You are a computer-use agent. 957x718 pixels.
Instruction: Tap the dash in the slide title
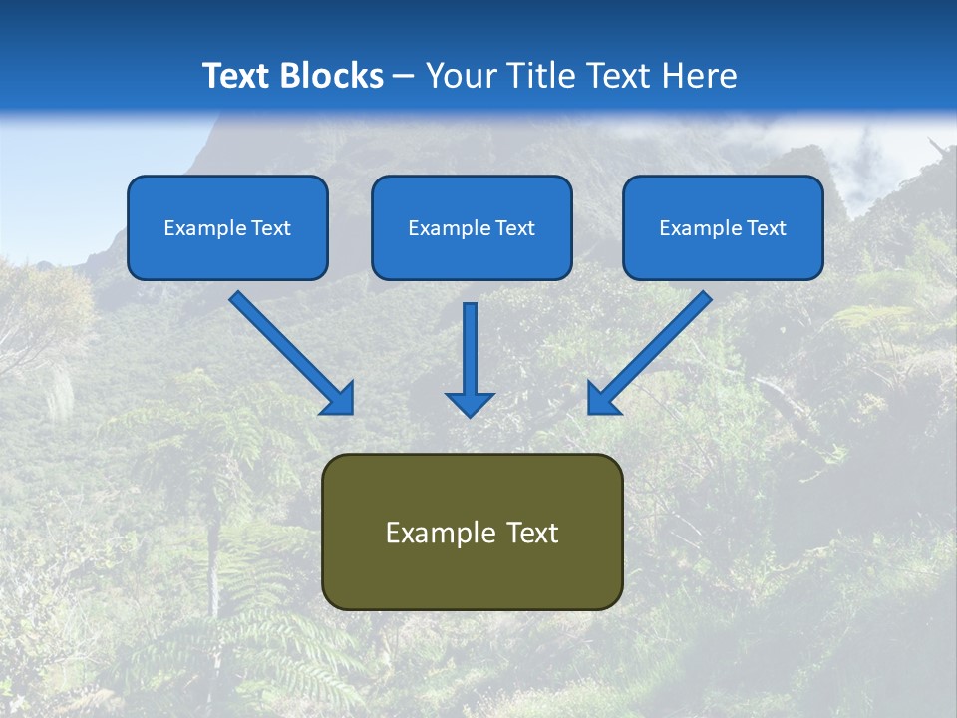tap(404, 76)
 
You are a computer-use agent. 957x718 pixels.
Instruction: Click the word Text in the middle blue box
tap(515, 228)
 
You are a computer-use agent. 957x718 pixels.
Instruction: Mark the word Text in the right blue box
tap(767, 228)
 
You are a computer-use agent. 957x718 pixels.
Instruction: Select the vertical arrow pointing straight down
tap(470, 359)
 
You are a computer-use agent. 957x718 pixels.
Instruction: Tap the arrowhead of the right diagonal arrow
tap(602, 399)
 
